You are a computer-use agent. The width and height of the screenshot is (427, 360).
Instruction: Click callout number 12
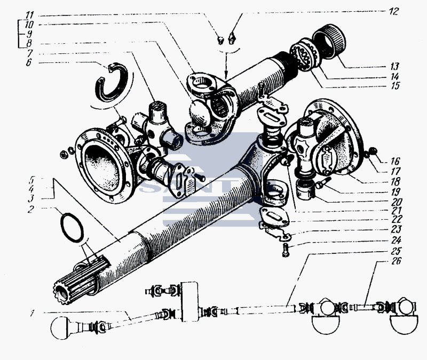[394, 12]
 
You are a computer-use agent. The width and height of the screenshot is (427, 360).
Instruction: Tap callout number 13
[394, 66]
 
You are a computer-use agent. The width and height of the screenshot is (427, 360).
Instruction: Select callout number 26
[396, 261]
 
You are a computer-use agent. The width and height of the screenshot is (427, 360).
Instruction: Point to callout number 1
[32, 314]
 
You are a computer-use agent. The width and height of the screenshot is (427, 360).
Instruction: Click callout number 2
[31, 209]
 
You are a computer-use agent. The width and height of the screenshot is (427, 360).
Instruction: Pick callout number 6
[29, 62]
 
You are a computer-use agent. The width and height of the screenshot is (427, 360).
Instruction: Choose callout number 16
[394, 161]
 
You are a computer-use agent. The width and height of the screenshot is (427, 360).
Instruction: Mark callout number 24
[396, 241]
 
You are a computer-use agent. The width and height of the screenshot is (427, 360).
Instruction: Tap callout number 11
[29, 15]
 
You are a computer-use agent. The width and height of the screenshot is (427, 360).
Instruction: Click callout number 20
[397, 202]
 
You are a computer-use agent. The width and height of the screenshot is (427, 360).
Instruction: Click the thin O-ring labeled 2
[72, 228]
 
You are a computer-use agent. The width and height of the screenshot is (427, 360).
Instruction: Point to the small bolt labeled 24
[286, 250]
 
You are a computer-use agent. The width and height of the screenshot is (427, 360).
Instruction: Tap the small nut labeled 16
[373, 150]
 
